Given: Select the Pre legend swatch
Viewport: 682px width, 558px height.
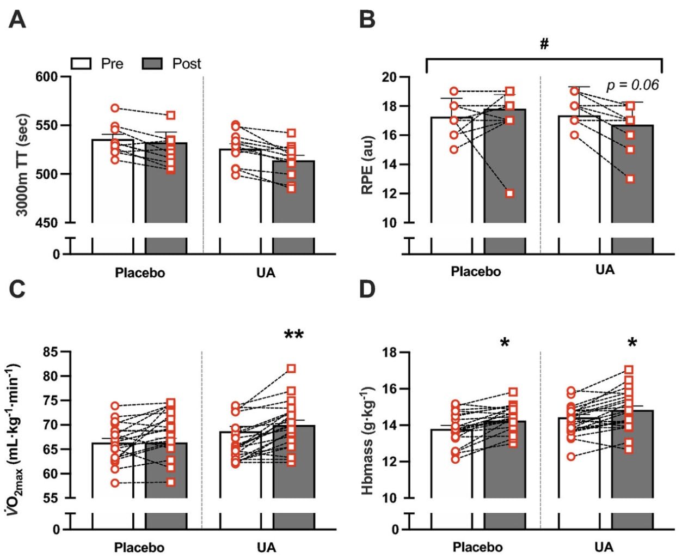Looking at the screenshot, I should (82, 64).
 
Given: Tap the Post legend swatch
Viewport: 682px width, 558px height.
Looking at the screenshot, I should (153, 64).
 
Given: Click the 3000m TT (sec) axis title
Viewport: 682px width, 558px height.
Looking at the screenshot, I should (22, 166).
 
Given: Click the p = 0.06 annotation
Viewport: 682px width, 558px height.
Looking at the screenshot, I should (632, 85).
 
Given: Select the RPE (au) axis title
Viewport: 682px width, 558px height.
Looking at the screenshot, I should (367, 164).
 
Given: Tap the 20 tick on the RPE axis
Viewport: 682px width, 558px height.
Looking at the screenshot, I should (389, 77).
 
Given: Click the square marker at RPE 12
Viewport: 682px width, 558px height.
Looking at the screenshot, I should (510, 193).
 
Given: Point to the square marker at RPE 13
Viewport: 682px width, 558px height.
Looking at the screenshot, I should (630, 179).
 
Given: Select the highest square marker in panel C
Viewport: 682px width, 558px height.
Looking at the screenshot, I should (291, 369).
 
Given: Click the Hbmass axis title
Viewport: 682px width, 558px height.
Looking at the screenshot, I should (367, 440).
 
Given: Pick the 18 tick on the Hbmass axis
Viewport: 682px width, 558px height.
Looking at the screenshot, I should (390, 353).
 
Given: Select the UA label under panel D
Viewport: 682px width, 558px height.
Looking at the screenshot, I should (604, 547).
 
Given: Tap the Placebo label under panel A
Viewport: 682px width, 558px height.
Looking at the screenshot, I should (140, 272).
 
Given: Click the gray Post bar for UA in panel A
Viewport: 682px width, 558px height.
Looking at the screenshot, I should (293, 196).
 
